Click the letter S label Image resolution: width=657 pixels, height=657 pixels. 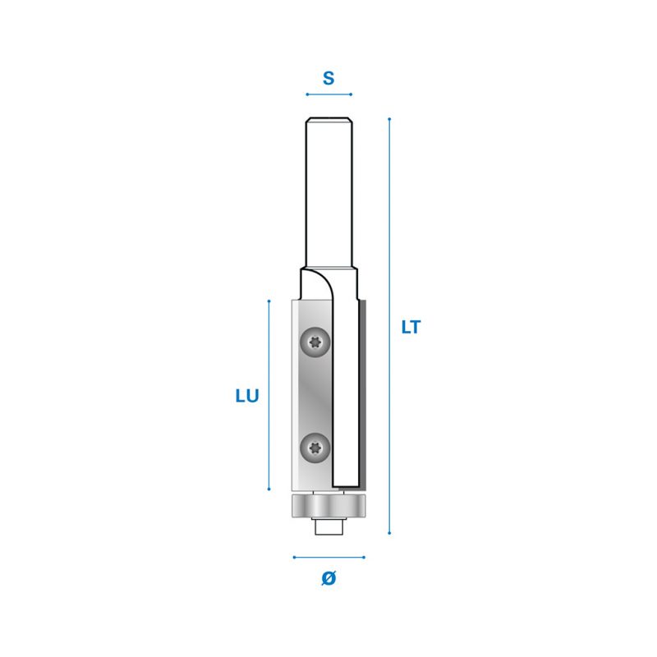tap(328, 78)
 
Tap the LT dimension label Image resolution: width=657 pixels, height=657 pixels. tap(411, 327)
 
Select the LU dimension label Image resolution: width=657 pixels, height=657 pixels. tap(247, 396)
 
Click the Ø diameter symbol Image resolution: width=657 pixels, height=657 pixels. tap(328, 578)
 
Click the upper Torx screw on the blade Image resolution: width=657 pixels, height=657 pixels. tap(315, 342)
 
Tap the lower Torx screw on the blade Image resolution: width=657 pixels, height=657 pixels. tap(315, 448)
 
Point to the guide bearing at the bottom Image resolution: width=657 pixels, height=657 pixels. tap(328, 506)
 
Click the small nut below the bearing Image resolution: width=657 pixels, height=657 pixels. tap(329, 526)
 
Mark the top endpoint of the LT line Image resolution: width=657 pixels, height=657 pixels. tap(389, 119)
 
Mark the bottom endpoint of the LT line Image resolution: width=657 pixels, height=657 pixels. tap(389, 533)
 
